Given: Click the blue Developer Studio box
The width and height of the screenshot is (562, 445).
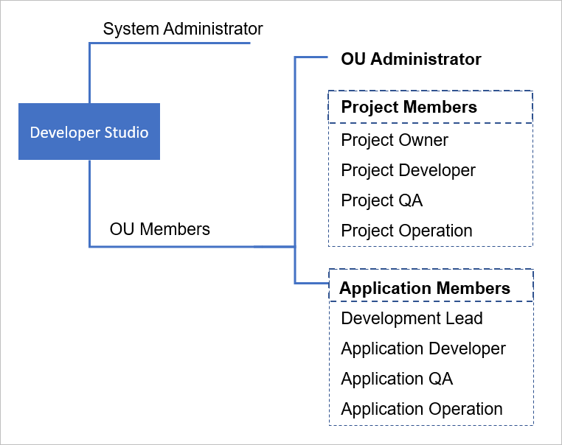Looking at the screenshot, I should pyautogui.click(x=89, y=131).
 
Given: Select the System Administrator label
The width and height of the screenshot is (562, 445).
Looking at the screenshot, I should pyautogui.click(x=183, y=29).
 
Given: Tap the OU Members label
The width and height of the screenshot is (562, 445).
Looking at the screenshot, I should pyautogui.click(x=159, y=229).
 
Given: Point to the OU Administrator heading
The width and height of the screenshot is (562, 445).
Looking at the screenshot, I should pyautogui.click(x=411, y=59).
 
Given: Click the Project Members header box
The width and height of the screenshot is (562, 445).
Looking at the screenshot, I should pyautogui.click(x=429, y=107).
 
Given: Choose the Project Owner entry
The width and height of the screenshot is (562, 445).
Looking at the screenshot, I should pyautogui.click(x=395, y=140).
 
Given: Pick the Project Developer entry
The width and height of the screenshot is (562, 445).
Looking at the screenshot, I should pyautogui.click(x=408, y=170).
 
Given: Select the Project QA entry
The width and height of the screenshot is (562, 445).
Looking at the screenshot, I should pyautogui.click(x=381, y=200).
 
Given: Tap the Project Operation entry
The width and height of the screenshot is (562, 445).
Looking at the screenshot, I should pyautogui.click(x=406, y=231).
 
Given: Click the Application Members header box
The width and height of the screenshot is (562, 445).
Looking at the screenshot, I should pyautogui.click(x=429, y=287).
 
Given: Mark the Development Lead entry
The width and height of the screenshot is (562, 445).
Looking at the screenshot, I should pyautogui.click(x=412, y=318).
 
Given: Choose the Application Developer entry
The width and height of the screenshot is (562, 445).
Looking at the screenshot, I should pyautogui.click(x=423, y=348).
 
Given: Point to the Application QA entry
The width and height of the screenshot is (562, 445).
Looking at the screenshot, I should pyautogui.click(x=397, y=379).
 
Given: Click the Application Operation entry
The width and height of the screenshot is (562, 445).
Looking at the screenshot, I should pyautogui.click(x=422, y=409).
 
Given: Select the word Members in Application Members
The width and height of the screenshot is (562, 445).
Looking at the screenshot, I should pyautogui.click(x=473, y=288).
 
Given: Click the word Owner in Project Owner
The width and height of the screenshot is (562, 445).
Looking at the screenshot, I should pyautogui.click(x=423, y=140).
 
